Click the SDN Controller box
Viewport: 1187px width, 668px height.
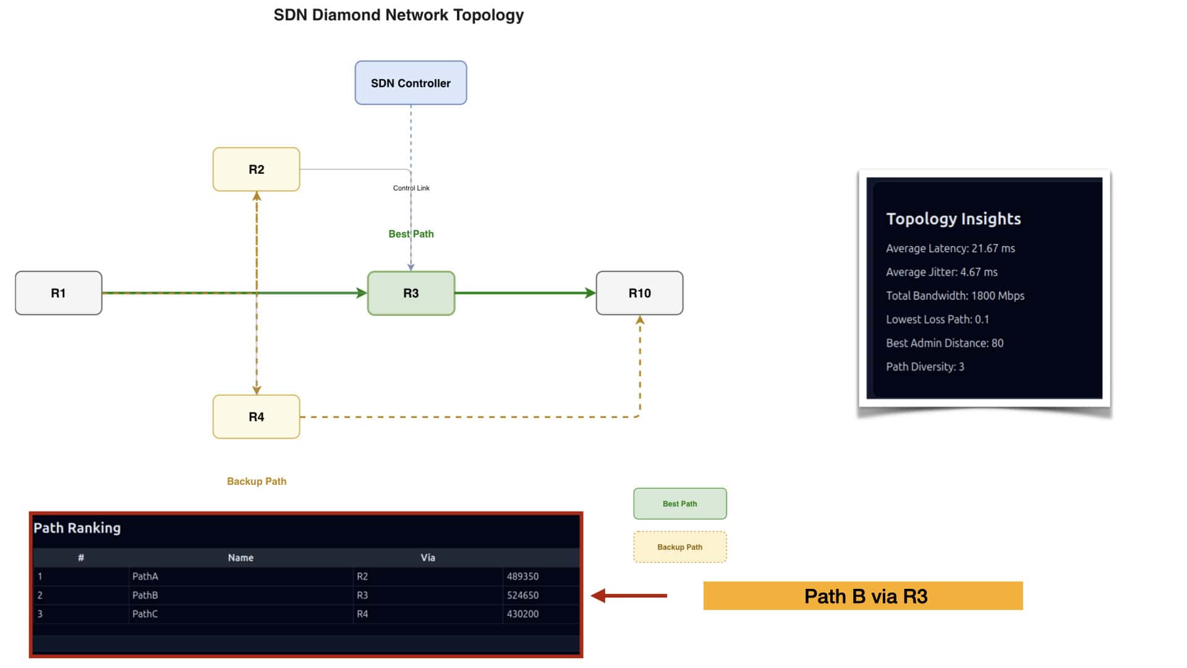[411, 83]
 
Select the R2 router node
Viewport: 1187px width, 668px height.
[257, 169]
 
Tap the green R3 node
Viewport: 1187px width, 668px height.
[411, 293]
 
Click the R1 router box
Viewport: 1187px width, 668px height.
[59, 293]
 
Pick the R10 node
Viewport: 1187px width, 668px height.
[640, 293]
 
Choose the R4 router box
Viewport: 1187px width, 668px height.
[257, 417]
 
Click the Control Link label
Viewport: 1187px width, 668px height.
[411, 188]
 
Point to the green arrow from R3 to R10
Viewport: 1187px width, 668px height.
[525, 293]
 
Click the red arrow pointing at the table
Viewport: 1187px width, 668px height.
[629, 596]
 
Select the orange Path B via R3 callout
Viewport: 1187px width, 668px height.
[863, 596]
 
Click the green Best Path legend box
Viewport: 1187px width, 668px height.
[680, 503]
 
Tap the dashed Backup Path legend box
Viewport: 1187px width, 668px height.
[680, 547]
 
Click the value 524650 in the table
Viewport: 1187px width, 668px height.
[523, 595]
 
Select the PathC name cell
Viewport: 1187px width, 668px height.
[145, 614]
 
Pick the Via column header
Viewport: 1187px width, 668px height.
[428, 557]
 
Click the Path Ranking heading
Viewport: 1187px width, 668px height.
[77, 528]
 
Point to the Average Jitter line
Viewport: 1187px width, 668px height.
[942, 272]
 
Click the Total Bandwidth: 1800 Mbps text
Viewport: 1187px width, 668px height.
[955, 296]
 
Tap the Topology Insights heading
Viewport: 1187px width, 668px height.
[953, 218]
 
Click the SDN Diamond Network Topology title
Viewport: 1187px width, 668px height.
[399, 15]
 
